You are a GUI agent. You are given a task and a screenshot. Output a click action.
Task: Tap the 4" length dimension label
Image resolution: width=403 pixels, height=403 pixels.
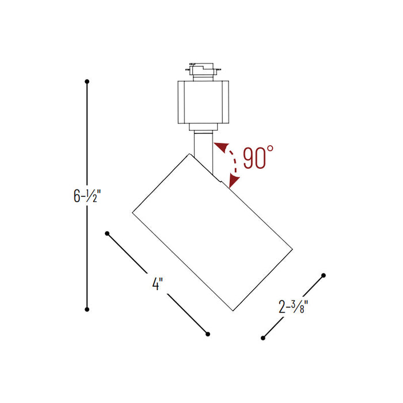pos(158,284)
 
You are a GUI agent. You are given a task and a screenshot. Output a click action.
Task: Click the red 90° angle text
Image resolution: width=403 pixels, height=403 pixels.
pos(253,158)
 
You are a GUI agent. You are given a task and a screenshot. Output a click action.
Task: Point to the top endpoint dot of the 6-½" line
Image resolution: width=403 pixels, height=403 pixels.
pos(87,82)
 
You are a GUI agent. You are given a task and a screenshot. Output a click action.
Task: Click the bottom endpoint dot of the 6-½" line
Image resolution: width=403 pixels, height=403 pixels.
pos(87,309)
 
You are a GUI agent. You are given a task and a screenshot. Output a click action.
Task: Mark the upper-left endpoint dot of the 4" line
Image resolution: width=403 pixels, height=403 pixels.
pos(107,233)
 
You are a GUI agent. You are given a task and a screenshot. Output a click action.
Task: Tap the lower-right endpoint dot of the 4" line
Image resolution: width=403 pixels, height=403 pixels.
pos(208,333)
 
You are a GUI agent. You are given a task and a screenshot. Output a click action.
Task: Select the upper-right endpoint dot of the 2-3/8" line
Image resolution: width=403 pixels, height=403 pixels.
pos(324,275)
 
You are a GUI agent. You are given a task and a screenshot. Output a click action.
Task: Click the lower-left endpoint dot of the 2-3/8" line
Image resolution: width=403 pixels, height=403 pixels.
pos(262,337)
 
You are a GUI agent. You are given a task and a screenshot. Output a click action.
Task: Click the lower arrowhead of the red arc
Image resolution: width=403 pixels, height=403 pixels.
pos(233,183)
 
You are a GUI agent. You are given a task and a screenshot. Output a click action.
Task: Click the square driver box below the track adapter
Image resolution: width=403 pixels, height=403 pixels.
pos(203,102)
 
